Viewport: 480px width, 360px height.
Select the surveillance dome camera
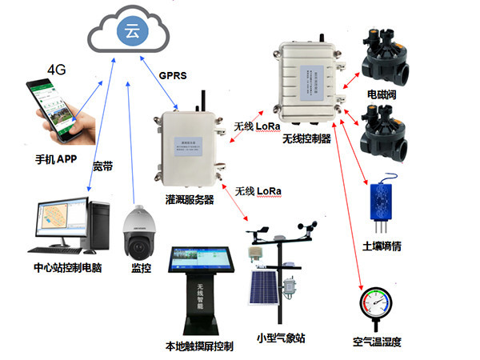pyautogui.click(x=137, y=231)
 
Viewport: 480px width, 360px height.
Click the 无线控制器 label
pyautogui.click(x=309, y=139)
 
